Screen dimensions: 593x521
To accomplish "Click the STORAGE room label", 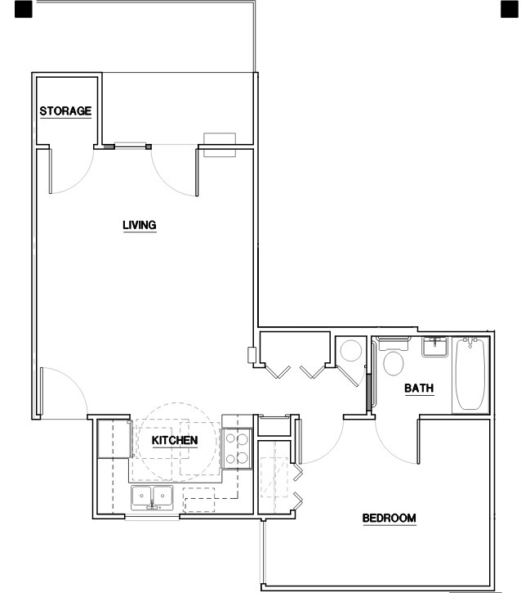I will pyautogui.click(x=65, y=111).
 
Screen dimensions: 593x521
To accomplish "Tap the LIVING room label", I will pyautogui.click(x=139, y=225).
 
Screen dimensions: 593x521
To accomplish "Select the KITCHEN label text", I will pyautogui.click(x=175, y=440).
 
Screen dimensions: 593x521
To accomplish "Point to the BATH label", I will pyautogui.click(x=419, y=389).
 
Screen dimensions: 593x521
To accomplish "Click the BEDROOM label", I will pyautogui.click(x=390, y=518).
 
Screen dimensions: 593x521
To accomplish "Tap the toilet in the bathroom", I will pyautogui.click(x=394, y=361).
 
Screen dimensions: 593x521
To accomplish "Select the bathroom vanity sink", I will pyautogui.click(x=434, y=346).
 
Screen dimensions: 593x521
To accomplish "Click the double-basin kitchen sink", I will pyautogui.click(x=152, y=496).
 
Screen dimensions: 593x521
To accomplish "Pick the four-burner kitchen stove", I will pyautogui.click(x=236, y=449).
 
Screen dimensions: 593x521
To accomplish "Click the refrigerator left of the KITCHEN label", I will pyautogui.click(x=113, y=439).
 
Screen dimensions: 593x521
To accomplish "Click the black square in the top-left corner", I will pyautogui.click(x=24, y=9).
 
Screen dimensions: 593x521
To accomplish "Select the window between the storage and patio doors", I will pyautogui.click(x=127, y=147).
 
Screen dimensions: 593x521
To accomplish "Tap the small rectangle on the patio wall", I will pyautogui.click(x=219, y=144).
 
